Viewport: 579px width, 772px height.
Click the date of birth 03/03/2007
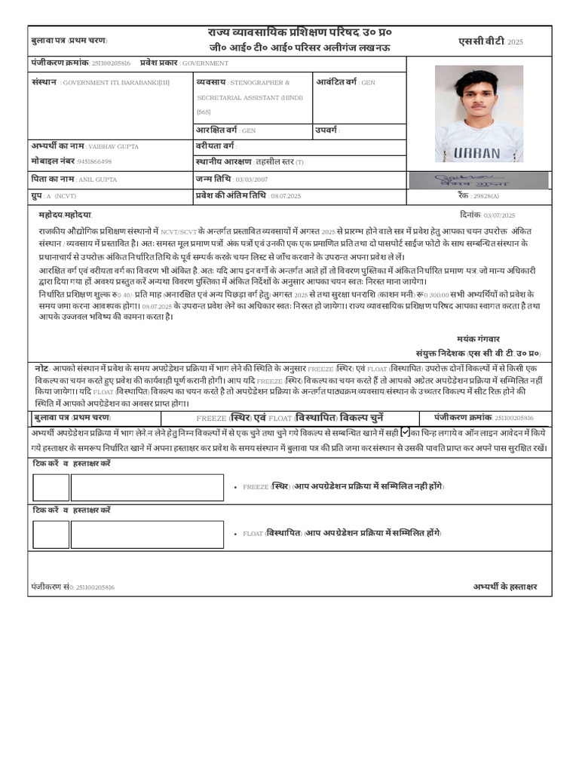coord(252,180)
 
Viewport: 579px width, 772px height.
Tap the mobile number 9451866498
coord(94,161)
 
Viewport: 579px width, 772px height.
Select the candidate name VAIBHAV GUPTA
coord(113,146)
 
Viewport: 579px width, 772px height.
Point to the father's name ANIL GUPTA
coord(98,180)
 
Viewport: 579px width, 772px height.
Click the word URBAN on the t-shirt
coord(476,153)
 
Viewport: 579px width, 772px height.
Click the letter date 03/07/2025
coord(499,216)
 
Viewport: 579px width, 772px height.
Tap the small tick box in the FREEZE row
coord(51,488)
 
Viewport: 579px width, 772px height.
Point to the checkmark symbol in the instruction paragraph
coord(406,432)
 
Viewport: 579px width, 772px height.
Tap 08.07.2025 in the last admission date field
coord(286,196)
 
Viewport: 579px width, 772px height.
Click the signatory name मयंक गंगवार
coord(478,339)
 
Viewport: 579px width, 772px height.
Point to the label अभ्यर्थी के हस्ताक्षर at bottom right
coord(505,587)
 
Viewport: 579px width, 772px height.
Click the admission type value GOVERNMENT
coord(205,64)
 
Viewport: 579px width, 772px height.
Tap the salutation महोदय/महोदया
coord(65,215)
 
